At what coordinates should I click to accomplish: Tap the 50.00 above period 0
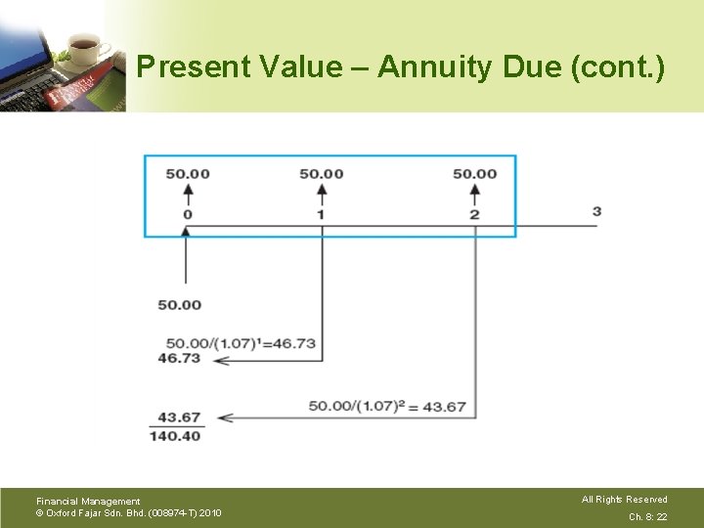click(188, 174)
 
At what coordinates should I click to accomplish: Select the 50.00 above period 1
click(322, 174)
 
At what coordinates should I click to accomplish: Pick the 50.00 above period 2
click(474, 174)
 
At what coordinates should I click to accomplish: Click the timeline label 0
click(188, 214)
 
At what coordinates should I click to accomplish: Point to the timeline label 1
click(321, 214)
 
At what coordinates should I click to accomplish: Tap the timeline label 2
click(474, 214)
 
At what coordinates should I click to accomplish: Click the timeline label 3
click(596, 212)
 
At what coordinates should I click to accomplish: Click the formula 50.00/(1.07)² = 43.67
click(387, 406)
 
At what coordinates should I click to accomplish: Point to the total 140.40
click(175, 436)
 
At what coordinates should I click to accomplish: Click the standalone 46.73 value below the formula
click(179, 358)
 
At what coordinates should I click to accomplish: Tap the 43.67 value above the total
click(179, 418)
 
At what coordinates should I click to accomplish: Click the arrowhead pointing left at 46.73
click(221, 360)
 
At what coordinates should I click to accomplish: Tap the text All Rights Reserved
click(625, 500)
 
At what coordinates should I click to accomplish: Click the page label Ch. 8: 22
click(647, 517)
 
